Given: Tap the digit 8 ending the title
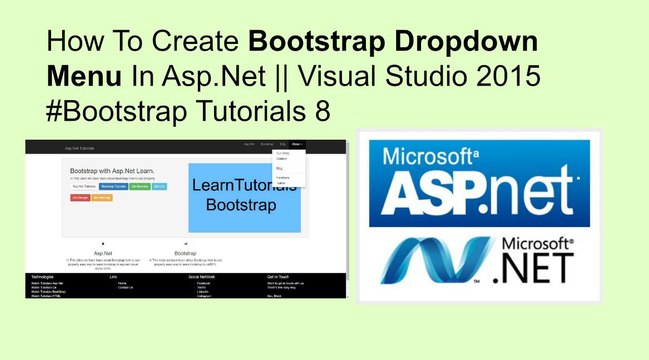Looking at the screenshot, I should [322, 109].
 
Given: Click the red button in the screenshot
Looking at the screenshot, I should [80, 198].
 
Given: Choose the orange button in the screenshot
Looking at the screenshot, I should [102, 198].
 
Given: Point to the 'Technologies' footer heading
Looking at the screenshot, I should [42, 275].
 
